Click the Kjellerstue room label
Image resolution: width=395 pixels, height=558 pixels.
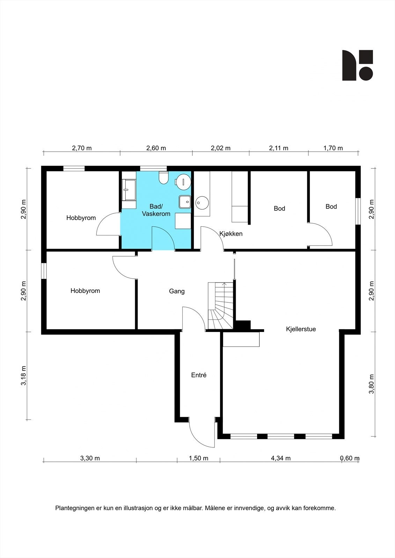[301, 329]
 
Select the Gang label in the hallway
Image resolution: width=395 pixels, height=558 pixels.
[177, 291]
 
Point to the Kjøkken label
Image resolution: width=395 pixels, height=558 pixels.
[231, 234]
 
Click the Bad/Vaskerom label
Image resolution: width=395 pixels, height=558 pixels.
[156, 210]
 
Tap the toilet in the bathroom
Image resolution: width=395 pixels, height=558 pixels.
[163, 178]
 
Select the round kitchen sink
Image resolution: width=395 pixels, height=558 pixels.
[202, 203]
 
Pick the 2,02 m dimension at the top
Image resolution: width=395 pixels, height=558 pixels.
[221, 148]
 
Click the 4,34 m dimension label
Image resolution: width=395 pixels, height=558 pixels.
[281, 458]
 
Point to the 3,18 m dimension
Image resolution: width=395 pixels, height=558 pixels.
[23, 376]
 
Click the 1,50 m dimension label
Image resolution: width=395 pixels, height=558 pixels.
[198, 458]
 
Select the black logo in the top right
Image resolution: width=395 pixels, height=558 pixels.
[358, 65]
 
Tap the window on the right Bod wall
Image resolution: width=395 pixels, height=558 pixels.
[358, 211]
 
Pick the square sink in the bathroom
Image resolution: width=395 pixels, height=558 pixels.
[185, 202]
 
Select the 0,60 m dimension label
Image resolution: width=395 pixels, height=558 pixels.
[350, 458]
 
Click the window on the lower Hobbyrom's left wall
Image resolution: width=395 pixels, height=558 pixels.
[44, 271]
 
